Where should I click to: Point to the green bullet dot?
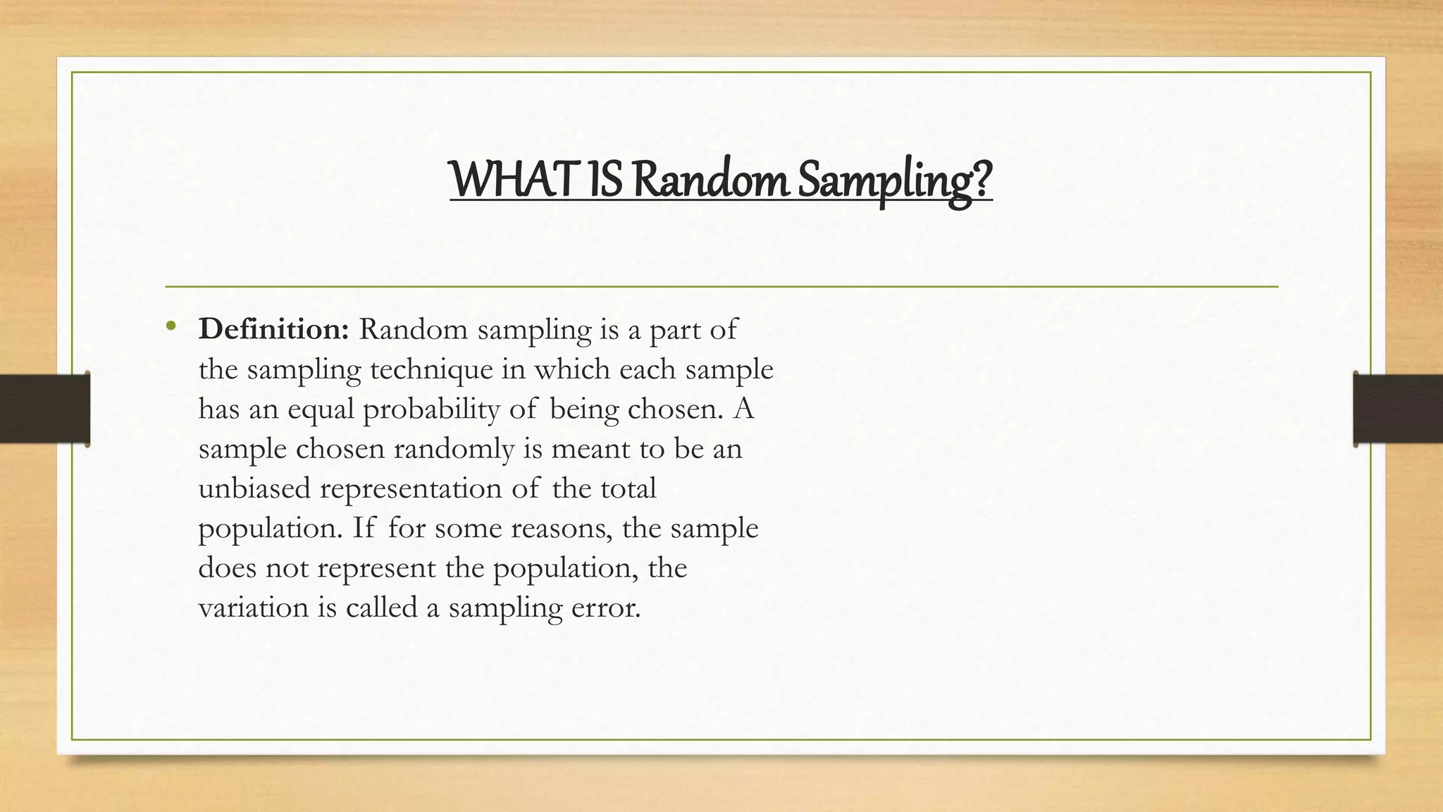tap(171, 326)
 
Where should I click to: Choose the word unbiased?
tap(254, 488)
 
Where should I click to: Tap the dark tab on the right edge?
tap(1398, 409)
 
